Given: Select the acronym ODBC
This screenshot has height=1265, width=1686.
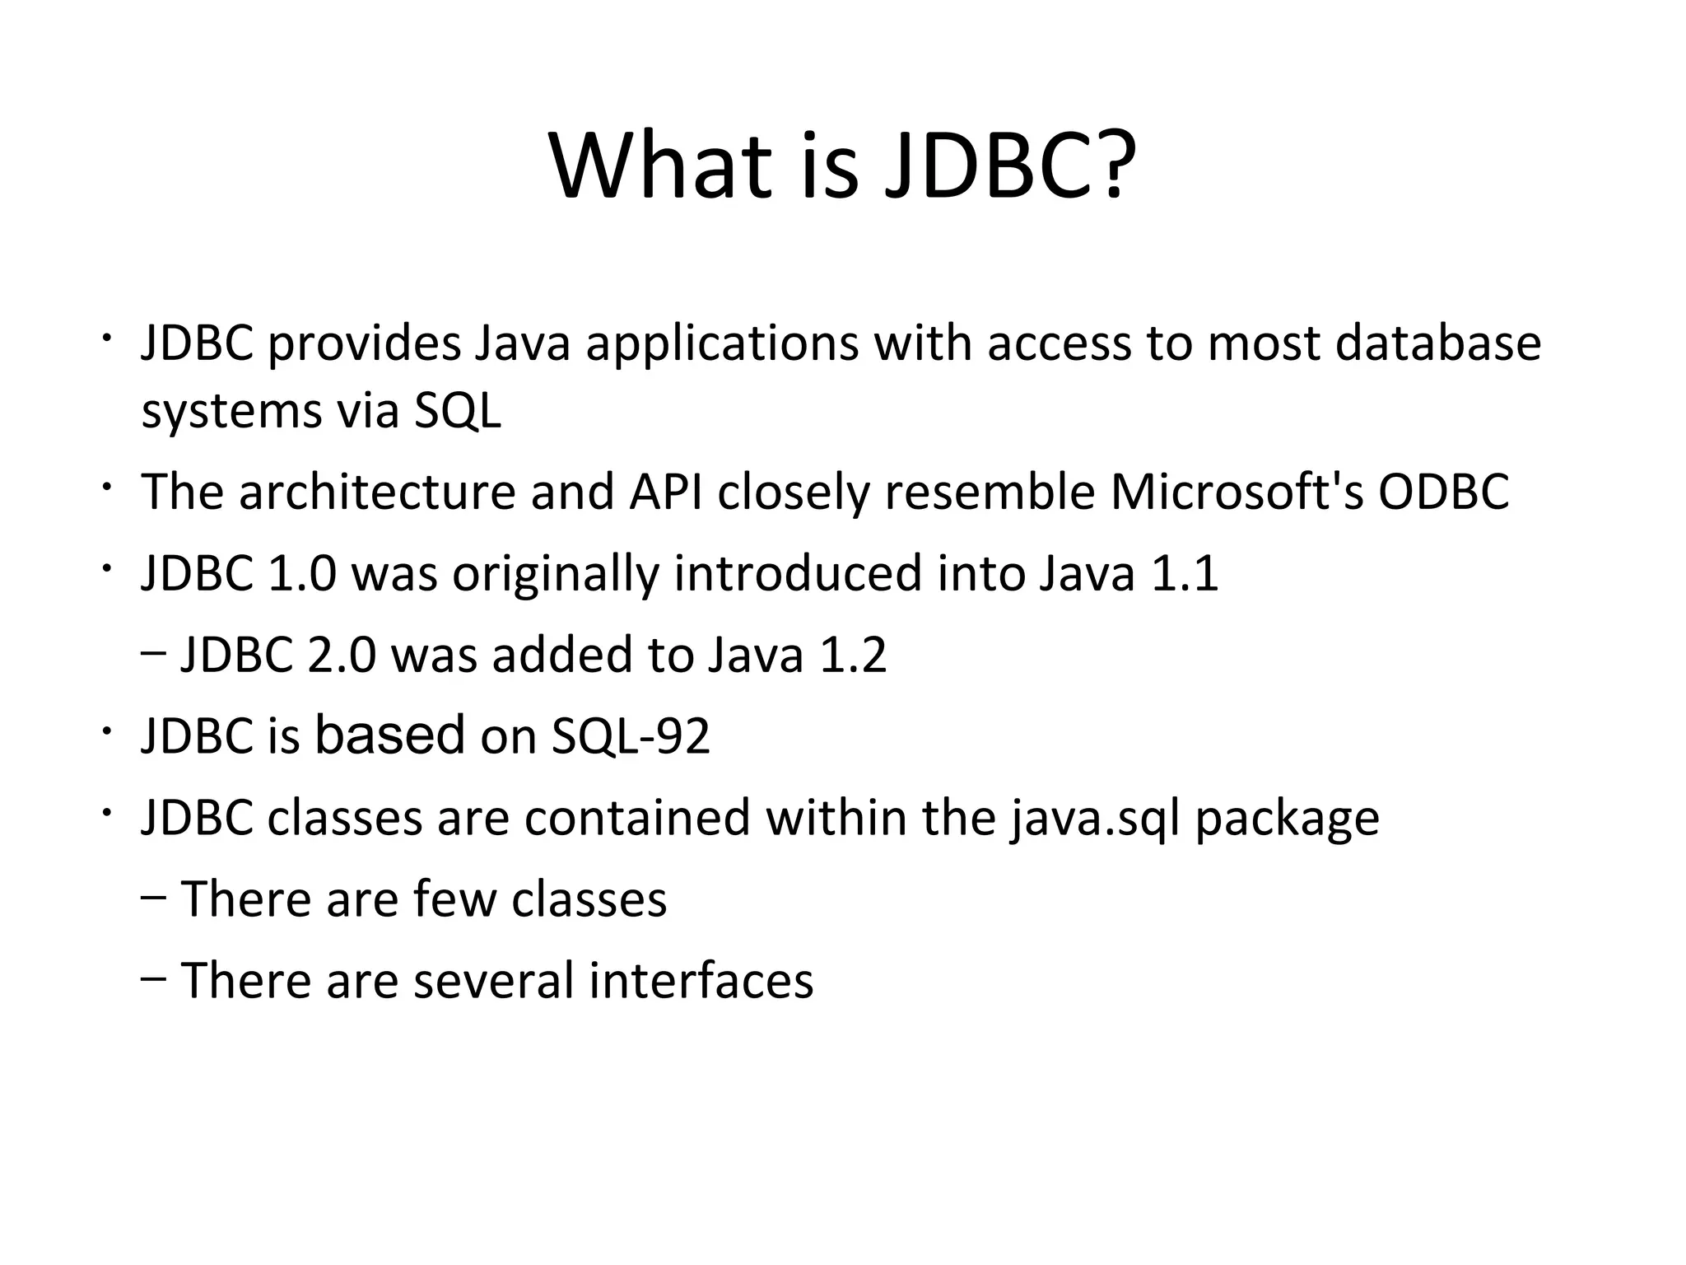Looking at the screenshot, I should coord(1444,492).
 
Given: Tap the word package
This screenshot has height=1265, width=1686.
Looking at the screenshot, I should coord(1287,819).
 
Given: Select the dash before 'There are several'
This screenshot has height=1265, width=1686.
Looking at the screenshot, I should coord(153,979).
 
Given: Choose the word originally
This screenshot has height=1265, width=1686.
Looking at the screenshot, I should coord(555,575).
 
